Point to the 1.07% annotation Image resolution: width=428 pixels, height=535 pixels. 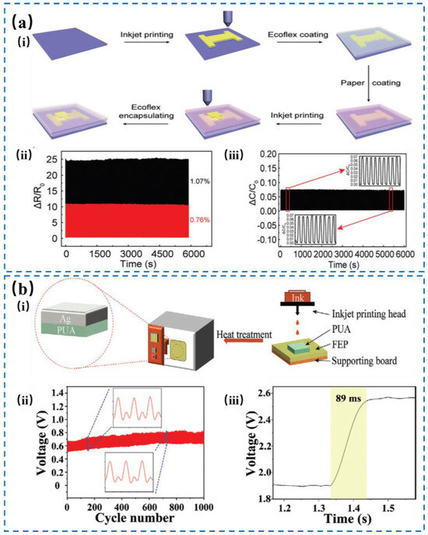coord(200,180)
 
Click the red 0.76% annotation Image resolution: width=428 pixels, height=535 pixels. coord(200,220)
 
